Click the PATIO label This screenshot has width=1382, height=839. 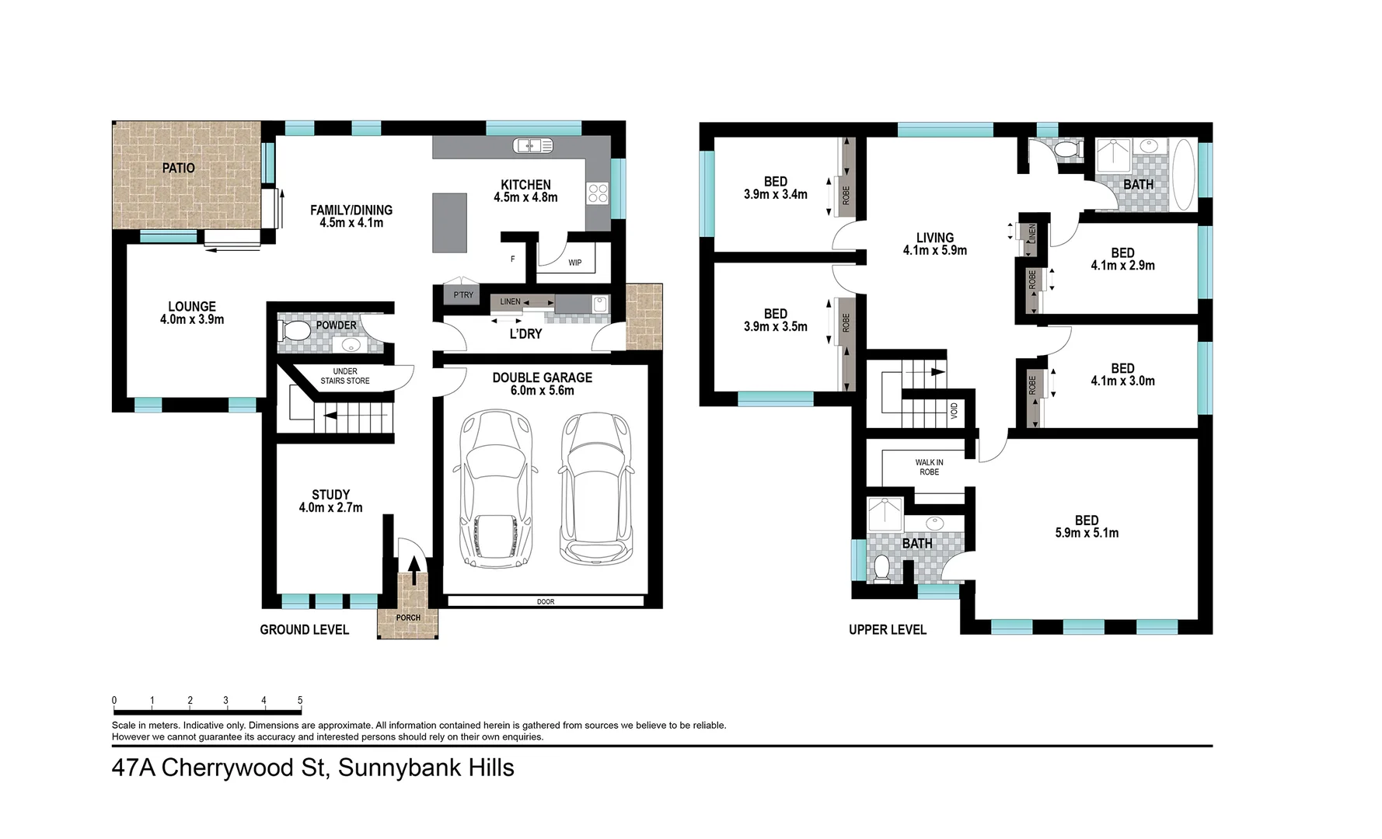178,168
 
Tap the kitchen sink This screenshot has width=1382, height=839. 532,145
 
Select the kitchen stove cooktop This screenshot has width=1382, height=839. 598,193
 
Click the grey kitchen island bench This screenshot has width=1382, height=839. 450,222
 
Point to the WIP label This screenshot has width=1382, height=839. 574,263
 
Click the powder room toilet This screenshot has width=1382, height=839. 294,332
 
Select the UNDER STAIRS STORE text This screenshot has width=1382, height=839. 345,376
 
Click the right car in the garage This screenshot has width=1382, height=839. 596,487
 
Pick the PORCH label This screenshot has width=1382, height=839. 408,618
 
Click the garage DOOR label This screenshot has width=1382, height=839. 545,601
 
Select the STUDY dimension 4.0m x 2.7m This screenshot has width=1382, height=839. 330,507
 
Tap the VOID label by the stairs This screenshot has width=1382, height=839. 954,411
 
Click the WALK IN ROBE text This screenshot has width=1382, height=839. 929,467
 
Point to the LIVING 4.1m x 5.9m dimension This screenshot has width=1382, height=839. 934,250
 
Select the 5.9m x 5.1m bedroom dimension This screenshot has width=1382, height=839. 1086,533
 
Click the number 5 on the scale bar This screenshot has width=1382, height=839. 300,700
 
